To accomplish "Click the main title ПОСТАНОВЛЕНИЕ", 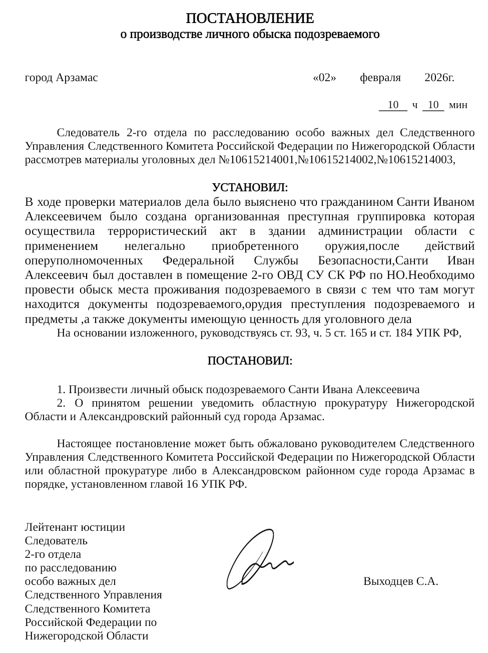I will coord(250,19).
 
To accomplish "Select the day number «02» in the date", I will coord(324,78).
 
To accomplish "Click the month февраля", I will coord(380,78).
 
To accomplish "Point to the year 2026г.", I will coord(439,78).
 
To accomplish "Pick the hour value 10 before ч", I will coord(393,105).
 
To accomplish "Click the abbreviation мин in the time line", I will coord(458,105).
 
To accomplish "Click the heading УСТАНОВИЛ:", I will coord(250,188).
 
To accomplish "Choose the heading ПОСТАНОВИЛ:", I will coord(250,361).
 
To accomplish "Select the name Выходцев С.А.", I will coord(400,581).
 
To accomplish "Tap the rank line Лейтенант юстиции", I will coord(75,527).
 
